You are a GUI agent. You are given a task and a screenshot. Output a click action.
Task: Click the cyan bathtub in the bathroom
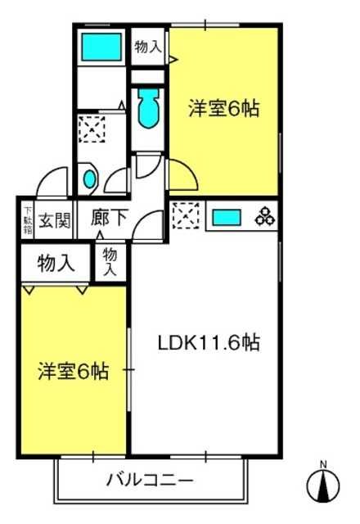click(x=101, y=47)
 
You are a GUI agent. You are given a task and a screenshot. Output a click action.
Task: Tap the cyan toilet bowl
click(x=148, y=108)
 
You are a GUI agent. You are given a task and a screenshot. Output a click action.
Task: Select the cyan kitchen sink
click(x=227, y=218)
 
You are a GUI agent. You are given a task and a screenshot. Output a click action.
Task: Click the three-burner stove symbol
click(x=265, y=217)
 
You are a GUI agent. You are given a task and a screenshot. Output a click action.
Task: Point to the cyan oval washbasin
click(x=90, y=178)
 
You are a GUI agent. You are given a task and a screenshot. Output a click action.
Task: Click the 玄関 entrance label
click(x=54, y=220)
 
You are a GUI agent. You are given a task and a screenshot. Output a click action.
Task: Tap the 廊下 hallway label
click(x=109, y=218)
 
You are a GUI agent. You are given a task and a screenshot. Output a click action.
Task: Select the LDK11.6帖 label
click(x=209, y=342)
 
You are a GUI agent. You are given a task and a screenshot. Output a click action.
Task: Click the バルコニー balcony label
click(x=150, y=481)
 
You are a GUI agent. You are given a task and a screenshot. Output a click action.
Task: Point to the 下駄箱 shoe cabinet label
click(x=28, y=220)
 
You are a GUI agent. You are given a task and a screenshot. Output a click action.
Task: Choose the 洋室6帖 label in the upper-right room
click(x=223, y=108)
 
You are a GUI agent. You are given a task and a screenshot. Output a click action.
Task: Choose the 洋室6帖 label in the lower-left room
click(x=73, y=371)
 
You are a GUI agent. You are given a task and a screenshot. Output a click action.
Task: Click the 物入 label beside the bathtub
click(x=148, y=47)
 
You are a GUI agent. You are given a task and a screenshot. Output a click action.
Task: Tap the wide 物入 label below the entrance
click(x=56, y=264)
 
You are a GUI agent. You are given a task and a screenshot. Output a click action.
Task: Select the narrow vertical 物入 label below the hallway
click(x=110, y=262)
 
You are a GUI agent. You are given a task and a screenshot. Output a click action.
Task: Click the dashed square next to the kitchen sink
click(x=187, y=215)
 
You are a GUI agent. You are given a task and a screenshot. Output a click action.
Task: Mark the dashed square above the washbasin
click(x=92, y=129)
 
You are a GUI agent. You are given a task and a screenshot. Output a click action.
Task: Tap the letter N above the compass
click(x=323, y=464)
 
